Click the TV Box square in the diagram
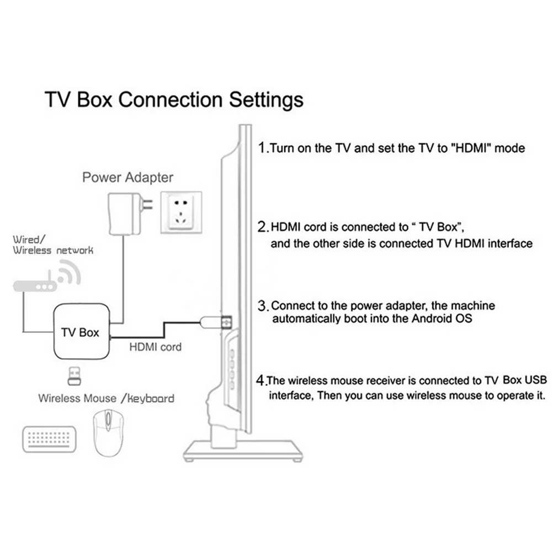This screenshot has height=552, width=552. coord(81,331)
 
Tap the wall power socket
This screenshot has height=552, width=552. coord(181,213)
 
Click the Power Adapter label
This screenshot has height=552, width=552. coord(128,177)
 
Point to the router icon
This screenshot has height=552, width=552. coord(47,278)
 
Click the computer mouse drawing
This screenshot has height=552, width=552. coord(108,433)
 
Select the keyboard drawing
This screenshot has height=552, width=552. coord(49,439)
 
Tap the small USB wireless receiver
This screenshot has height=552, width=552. coord(75,376)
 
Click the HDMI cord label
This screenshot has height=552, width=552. coord(155,347)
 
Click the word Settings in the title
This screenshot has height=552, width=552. coord(266,99)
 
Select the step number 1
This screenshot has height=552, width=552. coord(263,147)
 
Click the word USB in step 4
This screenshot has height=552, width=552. coord(535,380)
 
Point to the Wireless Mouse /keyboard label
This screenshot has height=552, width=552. coord(107,398)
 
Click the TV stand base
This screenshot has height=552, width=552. coord(243,451)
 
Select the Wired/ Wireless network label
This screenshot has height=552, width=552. coord(53,245)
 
